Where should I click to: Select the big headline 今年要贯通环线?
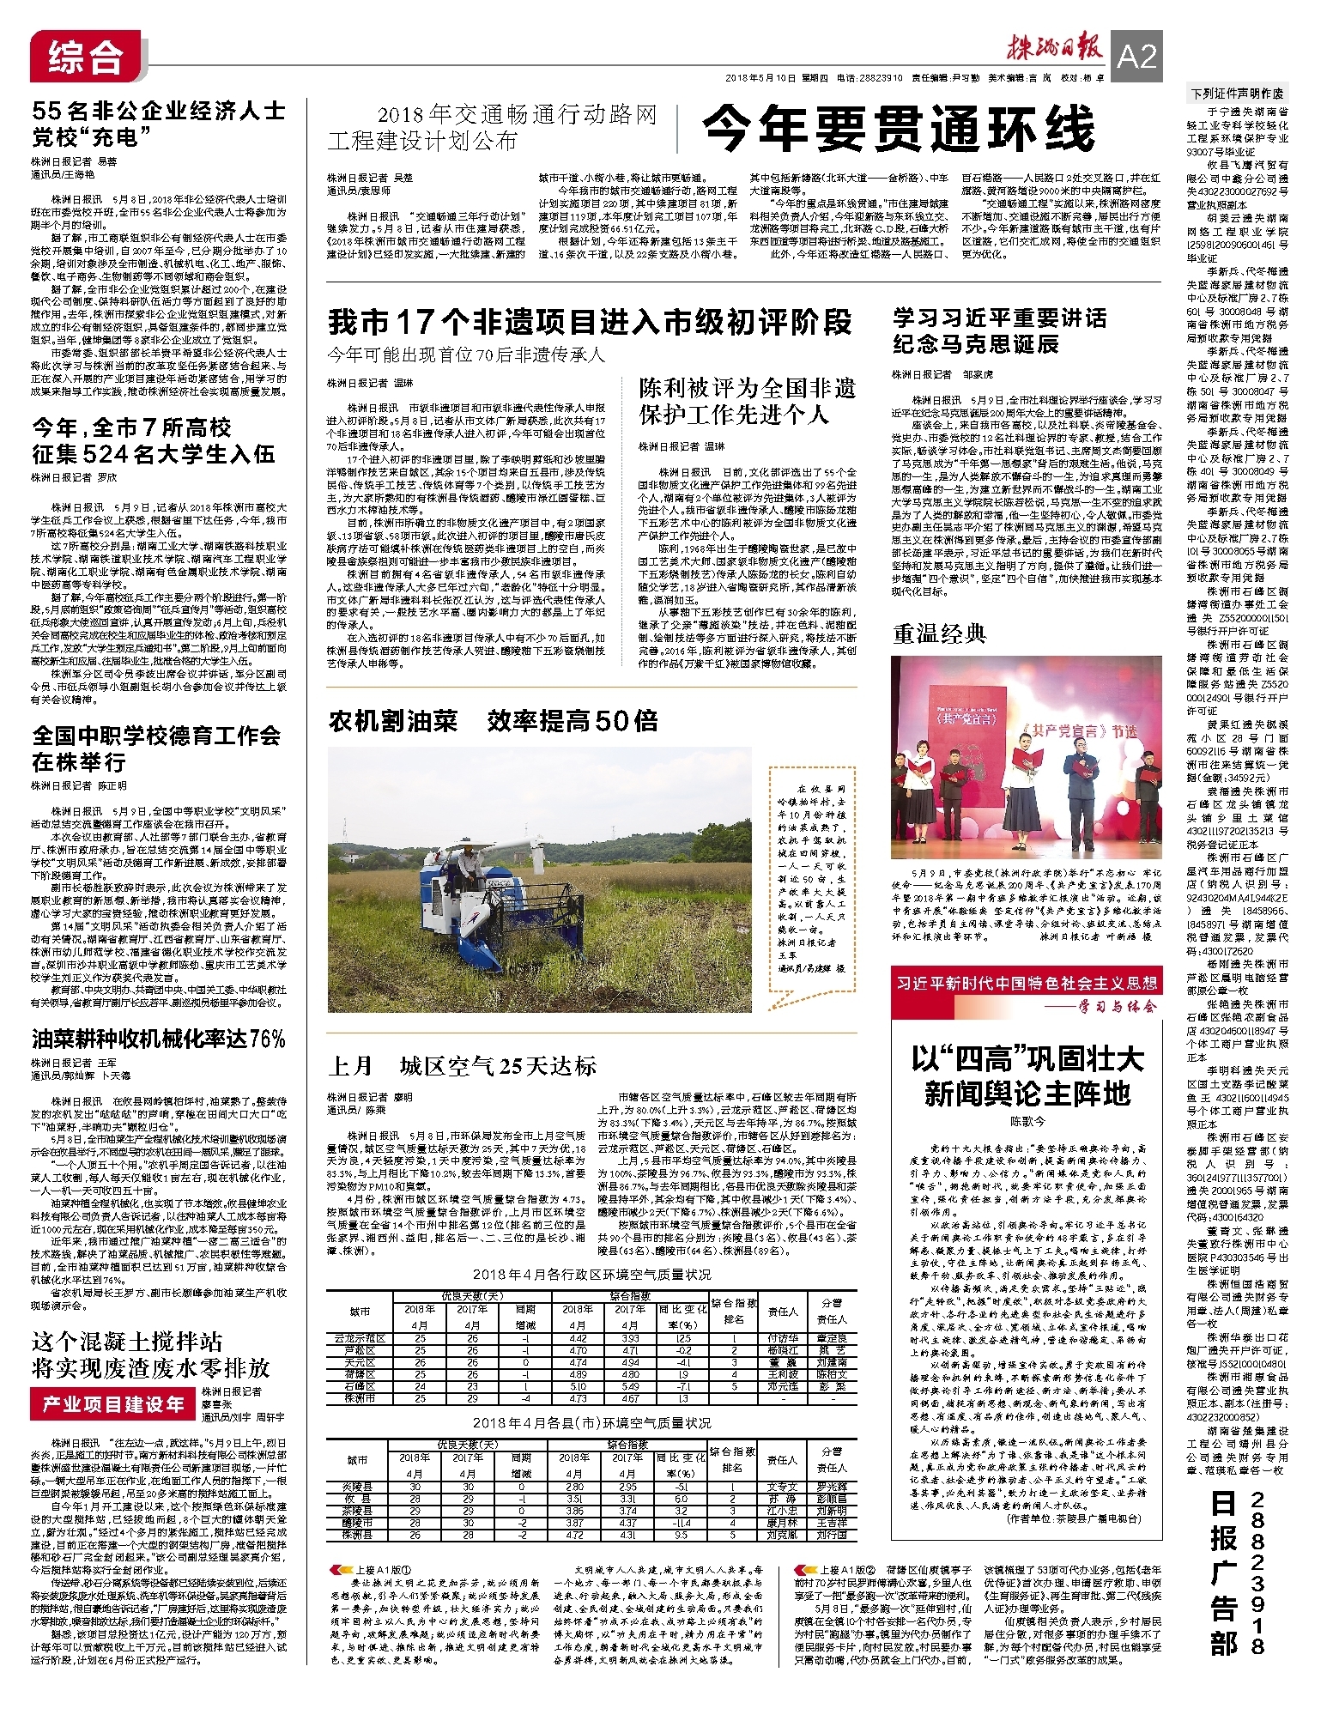[x=899, y=130]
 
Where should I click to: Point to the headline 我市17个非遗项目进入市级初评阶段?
[x=590, y=323]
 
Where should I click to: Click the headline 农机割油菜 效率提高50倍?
[x=493, y=721]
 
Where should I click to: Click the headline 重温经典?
[x=939, y=634]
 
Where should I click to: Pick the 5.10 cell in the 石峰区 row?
[x=577, y=1386]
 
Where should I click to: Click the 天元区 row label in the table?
[x=360, y=1362]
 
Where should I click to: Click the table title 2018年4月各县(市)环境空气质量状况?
[x=591, y=1423]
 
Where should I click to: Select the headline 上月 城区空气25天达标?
[x=462, y=1066]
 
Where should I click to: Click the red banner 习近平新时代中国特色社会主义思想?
[x=1027, y=983]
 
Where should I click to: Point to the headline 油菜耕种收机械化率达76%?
[x=159, y=1039]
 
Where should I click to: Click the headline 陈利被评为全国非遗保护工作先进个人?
[x=747, y=402]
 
